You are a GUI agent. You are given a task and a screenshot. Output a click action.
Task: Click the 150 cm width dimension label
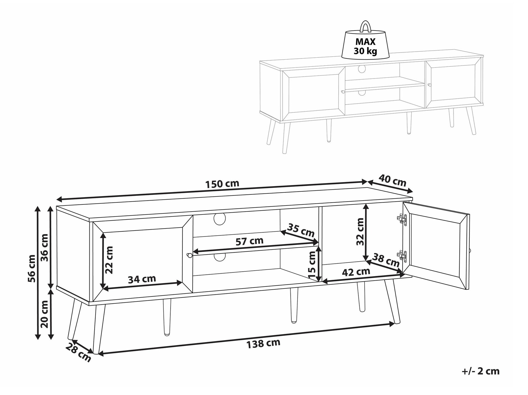pos(222,184)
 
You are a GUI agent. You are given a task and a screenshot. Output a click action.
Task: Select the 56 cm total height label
pos(32,269)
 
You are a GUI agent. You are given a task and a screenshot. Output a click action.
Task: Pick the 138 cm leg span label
pos(263,344)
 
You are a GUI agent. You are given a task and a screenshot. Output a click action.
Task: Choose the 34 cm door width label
pos(142,279)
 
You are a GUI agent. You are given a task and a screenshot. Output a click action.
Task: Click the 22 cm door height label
pos(109,260)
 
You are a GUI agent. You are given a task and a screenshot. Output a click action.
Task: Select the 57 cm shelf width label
pos(249,241)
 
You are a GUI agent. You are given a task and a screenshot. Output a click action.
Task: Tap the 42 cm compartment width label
pos(356,272)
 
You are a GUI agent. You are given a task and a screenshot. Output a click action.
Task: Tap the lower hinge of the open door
pos(402,257)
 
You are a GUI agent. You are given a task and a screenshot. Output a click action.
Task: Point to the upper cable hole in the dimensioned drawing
pos(220,219)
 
